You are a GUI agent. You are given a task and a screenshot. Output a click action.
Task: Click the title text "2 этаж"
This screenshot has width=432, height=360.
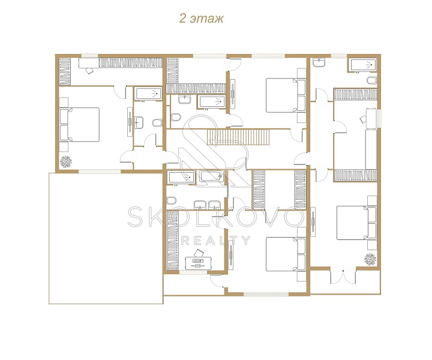point(202,19)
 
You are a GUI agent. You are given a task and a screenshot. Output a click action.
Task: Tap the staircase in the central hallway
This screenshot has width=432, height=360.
point(238,137)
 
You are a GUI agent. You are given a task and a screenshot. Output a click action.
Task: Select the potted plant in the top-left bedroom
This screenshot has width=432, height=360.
point(66,161)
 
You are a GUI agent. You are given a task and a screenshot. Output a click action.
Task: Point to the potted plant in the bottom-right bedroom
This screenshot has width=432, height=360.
point(370,259)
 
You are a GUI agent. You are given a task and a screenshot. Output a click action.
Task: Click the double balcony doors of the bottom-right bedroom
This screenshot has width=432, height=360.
point(343,276)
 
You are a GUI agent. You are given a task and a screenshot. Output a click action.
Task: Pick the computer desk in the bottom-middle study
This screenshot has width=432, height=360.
point(198,263)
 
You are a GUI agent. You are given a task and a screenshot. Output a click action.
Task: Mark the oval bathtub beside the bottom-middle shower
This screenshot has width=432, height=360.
point(212,176)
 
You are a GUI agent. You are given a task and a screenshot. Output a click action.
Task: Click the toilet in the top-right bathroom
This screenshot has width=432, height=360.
point(371,81)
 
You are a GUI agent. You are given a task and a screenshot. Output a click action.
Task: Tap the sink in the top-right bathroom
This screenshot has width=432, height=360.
point(319,62)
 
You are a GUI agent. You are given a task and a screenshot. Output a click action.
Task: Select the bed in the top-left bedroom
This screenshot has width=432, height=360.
point(79,124)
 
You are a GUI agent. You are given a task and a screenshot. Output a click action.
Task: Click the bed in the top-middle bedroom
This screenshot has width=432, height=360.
point(286,95)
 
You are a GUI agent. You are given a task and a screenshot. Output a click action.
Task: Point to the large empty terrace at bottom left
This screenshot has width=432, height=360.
point(106,238)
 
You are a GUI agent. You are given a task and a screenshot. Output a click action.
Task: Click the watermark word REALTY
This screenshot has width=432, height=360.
point(216,241)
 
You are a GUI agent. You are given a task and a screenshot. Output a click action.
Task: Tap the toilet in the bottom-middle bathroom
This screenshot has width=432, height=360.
point(172,200)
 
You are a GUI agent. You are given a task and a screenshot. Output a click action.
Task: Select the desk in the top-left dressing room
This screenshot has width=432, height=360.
point(88,63)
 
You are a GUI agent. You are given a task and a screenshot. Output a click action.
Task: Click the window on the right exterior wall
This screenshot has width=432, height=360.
point(379,118)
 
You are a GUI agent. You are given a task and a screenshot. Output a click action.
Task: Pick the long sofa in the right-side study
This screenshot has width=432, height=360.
point(371,149)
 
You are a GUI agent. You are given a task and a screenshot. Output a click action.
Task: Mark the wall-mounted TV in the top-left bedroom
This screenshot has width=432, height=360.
point(130,121)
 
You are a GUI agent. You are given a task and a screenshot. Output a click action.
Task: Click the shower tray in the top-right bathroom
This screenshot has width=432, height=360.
point(363,65)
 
